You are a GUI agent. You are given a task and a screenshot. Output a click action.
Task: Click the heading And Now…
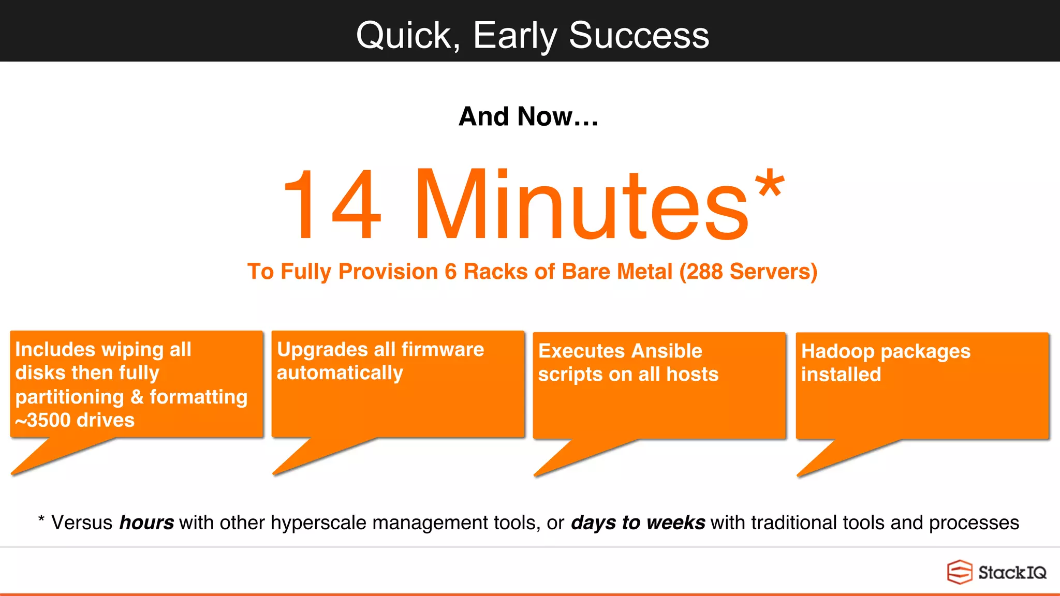click(528, 116)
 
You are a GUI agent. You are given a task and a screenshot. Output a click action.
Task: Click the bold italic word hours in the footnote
click(146, 523)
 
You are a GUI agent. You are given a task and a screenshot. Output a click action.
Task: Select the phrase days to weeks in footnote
click(638, 523)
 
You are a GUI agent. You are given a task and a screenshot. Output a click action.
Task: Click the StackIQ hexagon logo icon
click(959, 572)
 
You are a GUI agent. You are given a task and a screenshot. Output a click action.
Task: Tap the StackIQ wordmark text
click(1012, 573)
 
